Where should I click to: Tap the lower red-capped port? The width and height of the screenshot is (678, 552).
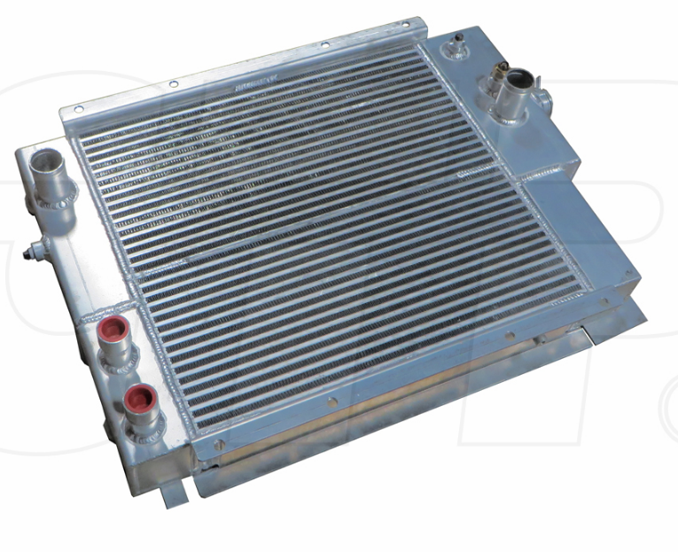pyautogui.click(x=136, y=395)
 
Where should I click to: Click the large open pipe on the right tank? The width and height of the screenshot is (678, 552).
pyautogui.click(x=516, y=81)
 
